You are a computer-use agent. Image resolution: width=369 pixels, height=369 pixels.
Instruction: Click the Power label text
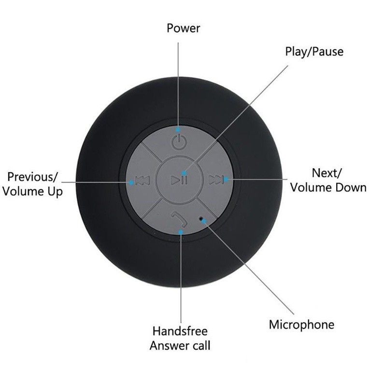184,28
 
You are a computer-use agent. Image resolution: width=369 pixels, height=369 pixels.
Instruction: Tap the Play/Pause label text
314,52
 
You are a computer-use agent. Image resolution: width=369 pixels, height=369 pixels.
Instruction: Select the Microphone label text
301,325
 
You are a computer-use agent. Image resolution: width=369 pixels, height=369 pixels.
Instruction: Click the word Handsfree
180,331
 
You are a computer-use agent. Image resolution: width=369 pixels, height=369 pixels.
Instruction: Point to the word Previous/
32,177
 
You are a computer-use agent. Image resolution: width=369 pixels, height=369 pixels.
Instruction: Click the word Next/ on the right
326,173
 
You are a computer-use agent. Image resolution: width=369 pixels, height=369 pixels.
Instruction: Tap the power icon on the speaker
179,142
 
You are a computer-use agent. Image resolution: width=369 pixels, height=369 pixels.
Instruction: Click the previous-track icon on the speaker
142,180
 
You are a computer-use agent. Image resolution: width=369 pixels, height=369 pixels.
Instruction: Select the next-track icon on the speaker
215,180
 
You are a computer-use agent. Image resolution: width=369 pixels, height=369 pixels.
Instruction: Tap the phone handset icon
179,219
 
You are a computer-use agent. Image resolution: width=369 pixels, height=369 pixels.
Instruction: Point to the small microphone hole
201,218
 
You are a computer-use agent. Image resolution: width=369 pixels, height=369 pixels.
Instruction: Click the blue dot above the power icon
178,129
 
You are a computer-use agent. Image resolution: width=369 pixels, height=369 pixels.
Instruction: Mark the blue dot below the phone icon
181,232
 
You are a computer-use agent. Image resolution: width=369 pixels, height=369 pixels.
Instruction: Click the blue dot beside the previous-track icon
131,182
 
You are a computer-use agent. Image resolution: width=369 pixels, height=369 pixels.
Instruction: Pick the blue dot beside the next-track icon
226,179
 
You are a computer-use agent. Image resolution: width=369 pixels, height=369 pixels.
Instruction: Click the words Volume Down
328,187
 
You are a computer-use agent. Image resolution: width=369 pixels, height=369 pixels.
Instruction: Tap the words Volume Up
33,192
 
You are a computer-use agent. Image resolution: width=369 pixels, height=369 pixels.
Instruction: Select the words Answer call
180,346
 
